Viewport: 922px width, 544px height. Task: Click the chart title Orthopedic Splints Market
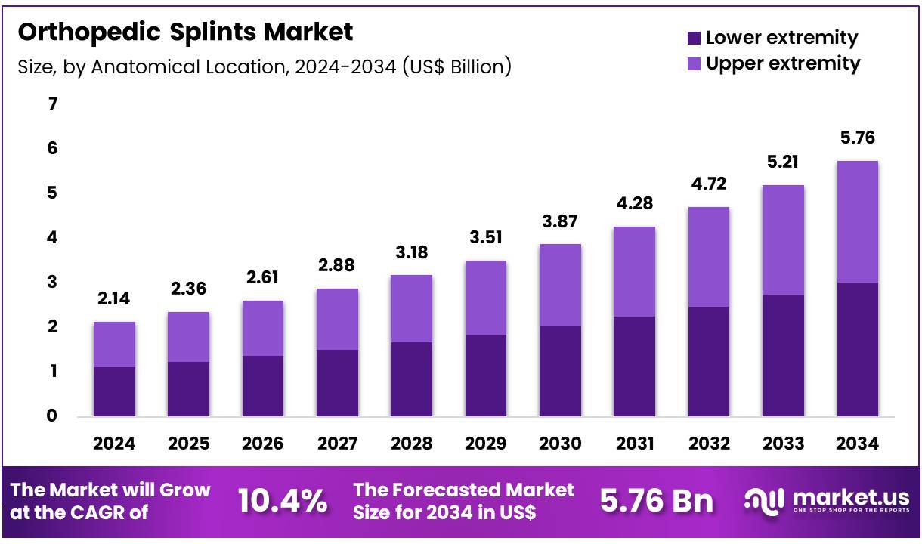click(185, 32)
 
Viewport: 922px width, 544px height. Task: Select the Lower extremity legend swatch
click(694, 38)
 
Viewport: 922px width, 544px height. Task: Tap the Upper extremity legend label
click(783, 63)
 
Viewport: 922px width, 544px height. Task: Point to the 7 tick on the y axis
click(52, 104)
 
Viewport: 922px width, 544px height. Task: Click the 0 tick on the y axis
click(52, 416)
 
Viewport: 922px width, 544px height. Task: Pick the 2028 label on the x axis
click(411, 444)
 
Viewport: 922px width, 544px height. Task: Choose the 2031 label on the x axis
click(634, 444)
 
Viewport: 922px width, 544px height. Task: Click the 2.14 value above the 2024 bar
click(114, 298)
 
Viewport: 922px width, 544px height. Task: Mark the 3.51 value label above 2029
click(485, 237)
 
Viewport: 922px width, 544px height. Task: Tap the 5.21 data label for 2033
click(783, 162)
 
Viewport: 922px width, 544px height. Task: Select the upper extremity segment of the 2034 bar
click(857, 221)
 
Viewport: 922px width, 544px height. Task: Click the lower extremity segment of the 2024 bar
click(114, 391)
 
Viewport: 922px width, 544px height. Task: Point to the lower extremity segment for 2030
click(560, 371)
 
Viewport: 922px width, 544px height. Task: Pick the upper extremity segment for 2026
click(262, 328)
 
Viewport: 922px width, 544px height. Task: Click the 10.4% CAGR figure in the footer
click(283, 501)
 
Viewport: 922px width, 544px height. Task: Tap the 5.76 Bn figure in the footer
click(656, 501)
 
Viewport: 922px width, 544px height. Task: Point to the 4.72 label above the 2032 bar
click(708, 184)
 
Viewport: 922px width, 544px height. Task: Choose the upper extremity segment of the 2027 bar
click(337, 319)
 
